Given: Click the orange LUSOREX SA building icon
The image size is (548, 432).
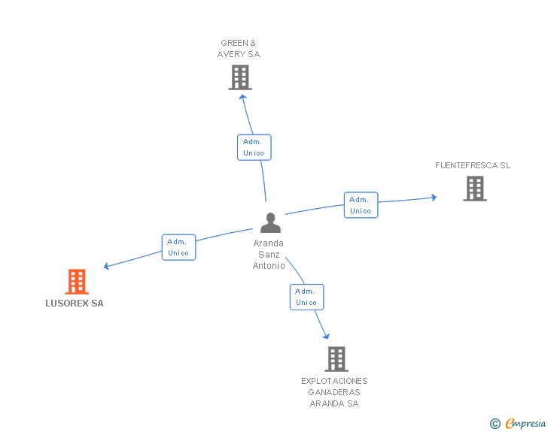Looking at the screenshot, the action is (77, 281).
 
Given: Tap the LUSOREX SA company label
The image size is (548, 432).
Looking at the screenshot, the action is (75, 304).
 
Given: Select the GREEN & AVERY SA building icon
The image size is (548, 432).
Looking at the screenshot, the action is (240, 77).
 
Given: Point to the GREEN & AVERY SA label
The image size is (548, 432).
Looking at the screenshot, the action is (239, 49).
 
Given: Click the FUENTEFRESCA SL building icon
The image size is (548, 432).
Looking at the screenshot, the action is (475, 189).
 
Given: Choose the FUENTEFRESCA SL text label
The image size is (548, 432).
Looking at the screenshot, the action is (473, 165).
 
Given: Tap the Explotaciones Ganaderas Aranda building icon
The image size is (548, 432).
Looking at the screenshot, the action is (336, 358).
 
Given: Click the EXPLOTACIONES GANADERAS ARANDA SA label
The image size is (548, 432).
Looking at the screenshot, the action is (334, 392).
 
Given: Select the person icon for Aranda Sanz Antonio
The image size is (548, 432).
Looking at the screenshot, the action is (270, 222).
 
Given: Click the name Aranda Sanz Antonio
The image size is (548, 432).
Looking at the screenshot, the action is (269, 255).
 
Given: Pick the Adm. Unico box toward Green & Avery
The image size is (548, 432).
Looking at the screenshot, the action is (254, 147).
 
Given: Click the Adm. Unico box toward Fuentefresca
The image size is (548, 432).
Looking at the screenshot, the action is (361, 205).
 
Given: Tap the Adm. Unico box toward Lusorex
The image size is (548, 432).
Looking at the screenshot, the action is (178, 247).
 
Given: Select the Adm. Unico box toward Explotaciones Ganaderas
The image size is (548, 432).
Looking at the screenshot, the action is (307, 297).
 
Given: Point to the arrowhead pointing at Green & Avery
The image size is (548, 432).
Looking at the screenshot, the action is (243, 98).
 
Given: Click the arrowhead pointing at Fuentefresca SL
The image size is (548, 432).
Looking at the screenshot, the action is (434, 198).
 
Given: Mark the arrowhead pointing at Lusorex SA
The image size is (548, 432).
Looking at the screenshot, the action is (107, 266).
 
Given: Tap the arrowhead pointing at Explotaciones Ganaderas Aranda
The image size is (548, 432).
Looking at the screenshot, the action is (327, 337).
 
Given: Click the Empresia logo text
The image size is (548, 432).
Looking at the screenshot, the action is (525, 423).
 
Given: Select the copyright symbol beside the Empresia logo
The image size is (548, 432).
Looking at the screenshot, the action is (495, 424).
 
